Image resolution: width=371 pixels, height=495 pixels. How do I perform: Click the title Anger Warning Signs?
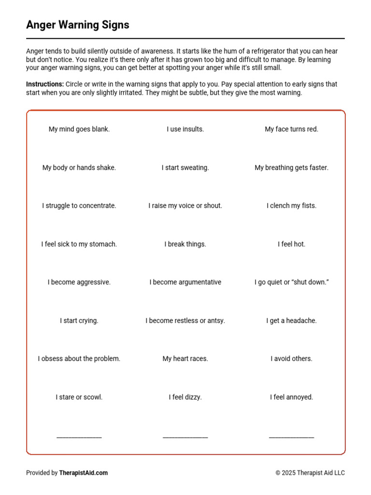coord(78,25)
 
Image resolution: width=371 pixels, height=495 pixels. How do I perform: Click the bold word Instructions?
coord(44,84)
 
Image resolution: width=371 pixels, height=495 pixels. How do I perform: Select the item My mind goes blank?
coord(79,129)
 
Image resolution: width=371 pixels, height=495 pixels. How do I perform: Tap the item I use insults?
coord(185,129)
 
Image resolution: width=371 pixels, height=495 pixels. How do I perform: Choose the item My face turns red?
coord(291,129)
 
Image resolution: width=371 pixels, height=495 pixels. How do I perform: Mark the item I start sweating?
coord(185,168)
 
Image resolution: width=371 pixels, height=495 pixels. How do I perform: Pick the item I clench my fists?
coord(291,206)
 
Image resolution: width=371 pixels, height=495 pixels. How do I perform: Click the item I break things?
coord(185,244)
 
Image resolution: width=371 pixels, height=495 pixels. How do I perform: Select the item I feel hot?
coord(291,244)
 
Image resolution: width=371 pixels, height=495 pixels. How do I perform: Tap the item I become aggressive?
coord(79,282)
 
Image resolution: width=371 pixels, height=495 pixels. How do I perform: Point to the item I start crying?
coord(79,320)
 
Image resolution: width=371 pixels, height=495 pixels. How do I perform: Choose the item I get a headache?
coord(291,320)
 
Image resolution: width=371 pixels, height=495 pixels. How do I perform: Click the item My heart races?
coord(185,359)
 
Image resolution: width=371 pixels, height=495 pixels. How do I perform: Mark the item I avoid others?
coord(291,359)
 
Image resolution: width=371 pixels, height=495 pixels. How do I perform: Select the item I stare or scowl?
coord(79,397)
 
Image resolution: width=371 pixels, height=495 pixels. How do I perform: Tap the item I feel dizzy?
coord(185,397)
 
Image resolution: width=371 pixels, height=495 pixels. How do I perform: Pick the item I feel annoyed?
coord(291,397)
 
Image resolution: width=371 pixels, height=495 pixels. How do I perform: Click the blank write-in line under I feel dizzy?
coord(185,437)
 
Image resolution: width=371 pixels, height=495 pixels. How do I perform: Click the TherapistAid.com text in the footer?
coord(84,473)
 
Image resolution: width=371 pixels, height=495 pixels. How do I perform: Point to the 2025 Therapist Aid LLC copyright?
coord(310,473)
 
